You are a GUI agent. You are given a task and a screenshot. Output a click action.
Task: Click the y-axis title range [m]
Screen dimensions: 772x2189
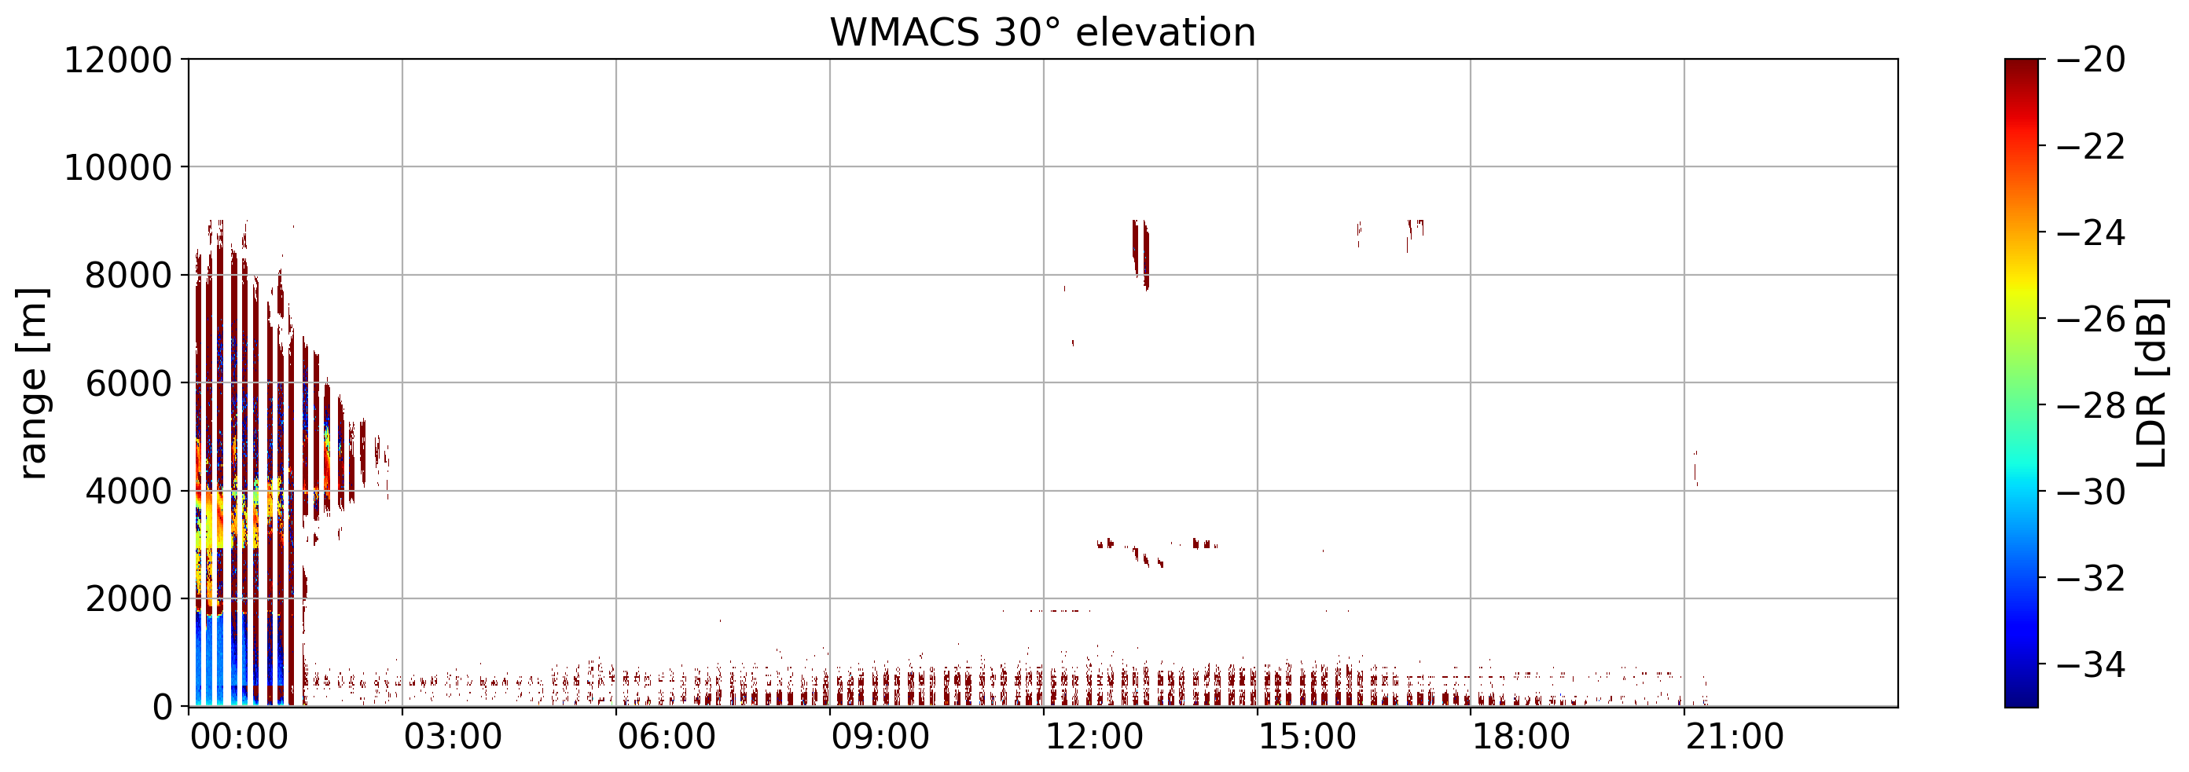(32, 383)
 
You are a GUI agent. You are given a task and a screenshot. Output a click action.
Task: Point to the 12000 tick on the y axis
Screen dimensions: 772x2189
(118, 60)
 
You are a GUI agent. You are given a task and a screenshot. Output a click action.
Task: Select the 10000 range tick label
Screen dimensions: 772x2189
(118, 168)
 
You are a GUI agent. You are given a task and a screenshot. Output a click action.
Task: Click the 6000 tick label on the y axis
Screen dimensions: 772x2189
(128, 384)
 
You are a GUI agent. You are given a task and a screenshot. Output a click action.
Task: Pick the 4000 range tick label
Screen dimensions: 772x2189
(128, 492)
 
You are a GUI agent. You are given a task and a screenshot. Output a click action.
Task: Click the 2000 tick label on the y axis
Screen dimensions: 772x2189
(128, 599)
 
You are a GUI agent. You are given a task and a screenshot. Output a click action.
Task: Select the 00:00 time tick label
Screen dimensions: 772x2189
(239, 737)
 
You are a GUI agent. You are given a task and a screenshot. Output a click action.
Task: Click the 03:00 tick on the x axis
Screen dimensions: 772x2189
(453, 737)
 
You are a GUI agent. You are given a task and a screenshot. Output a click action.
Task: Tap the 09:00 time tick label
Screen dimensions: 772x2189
(880, 737)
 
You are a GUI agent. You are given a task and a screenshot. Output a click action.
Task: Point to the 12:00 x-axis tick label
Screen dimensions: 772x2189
(1093, 737)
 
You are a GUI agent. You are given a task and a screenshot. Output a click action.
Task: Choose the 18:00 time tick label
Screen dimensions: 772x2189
(1521, 737)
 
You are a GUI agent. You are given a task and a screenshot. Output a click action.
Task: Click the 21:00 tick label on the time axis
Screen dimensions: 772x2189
(1735, 737)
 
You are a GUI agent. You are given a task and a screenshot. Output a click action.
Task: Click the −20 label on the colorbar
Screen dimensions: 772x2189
(2091, 60)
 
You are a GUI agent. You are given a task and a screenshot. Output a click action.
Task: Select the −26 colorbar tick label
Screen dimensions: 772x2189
(2091, 320)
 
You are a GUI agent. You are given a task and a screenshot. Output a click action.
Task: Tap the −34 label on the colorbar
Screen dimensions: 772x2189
(2091, 665)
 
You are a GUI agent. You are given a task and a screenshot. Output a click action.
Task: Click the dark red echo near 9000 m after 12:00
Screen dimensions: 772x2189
(1140, 251)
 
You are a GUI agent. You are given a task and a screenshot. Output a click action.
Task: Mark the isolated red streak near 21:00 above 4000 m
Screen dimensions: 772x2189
(1695, 468)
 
